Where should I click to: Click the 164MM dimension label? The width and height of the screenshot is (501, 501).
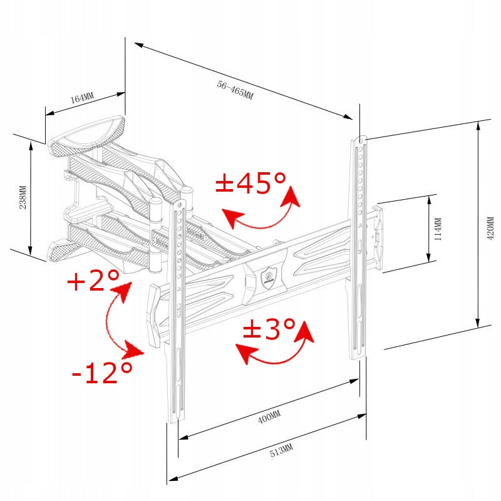(x=82, y=98)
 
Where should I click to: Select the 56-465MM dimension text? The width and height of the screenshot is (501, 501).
(x=235, y=90)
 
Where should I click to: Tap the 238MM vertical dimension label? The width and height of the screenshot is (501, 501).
(x=23, y=197)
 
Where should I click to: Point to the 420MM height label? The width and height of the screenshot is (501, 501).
(x=490, y=228)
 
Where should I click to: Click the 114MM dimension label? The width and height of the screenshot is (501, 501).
(x=438, y=229)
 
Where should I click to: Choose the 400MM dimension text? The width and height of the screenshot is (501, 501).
(x=269, y=416)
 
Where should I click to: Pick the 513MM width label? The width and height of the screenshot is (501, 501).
(x=281, y=450)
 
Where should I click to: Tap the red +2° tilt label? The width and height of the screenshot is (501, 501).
(x=93, y=280)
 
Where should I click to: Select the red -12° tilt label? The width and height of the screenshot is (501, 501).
(x=102, y=373)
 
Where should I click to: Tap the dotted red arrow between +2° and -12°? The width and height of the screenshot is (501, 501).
(x=106, y=319)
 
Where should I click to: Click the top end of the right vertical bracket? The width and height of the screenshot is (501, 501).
(x=360, y=139)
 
